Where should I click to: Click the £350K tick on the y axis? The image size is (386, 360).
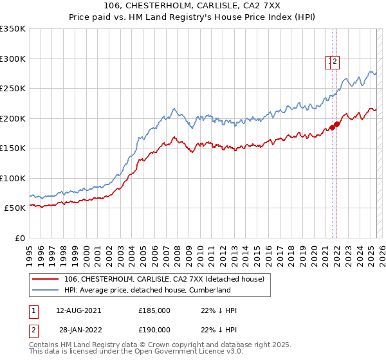pos(12,29)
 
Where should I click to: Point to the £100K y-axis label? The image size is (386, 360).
pos(12,178)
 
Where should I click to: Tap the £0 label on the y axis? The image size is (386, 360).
pos(19,238)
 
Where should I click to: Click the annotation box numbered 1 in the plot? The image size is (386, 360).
pos(329,62)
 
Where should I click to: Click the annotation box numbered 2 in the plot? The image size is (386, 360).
pos(336,62)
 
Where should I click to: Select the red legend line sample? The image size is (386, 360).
pos(45,279)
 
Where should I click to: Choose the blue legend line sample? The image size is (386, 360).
pos(45,290)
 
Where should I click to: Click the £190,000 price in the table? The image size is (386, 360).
pos(154,330)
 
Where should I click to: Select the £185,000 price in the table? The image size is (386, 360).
pos(154,310)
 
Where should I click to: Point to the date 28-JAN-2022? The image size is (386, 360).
pos(78,330)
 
